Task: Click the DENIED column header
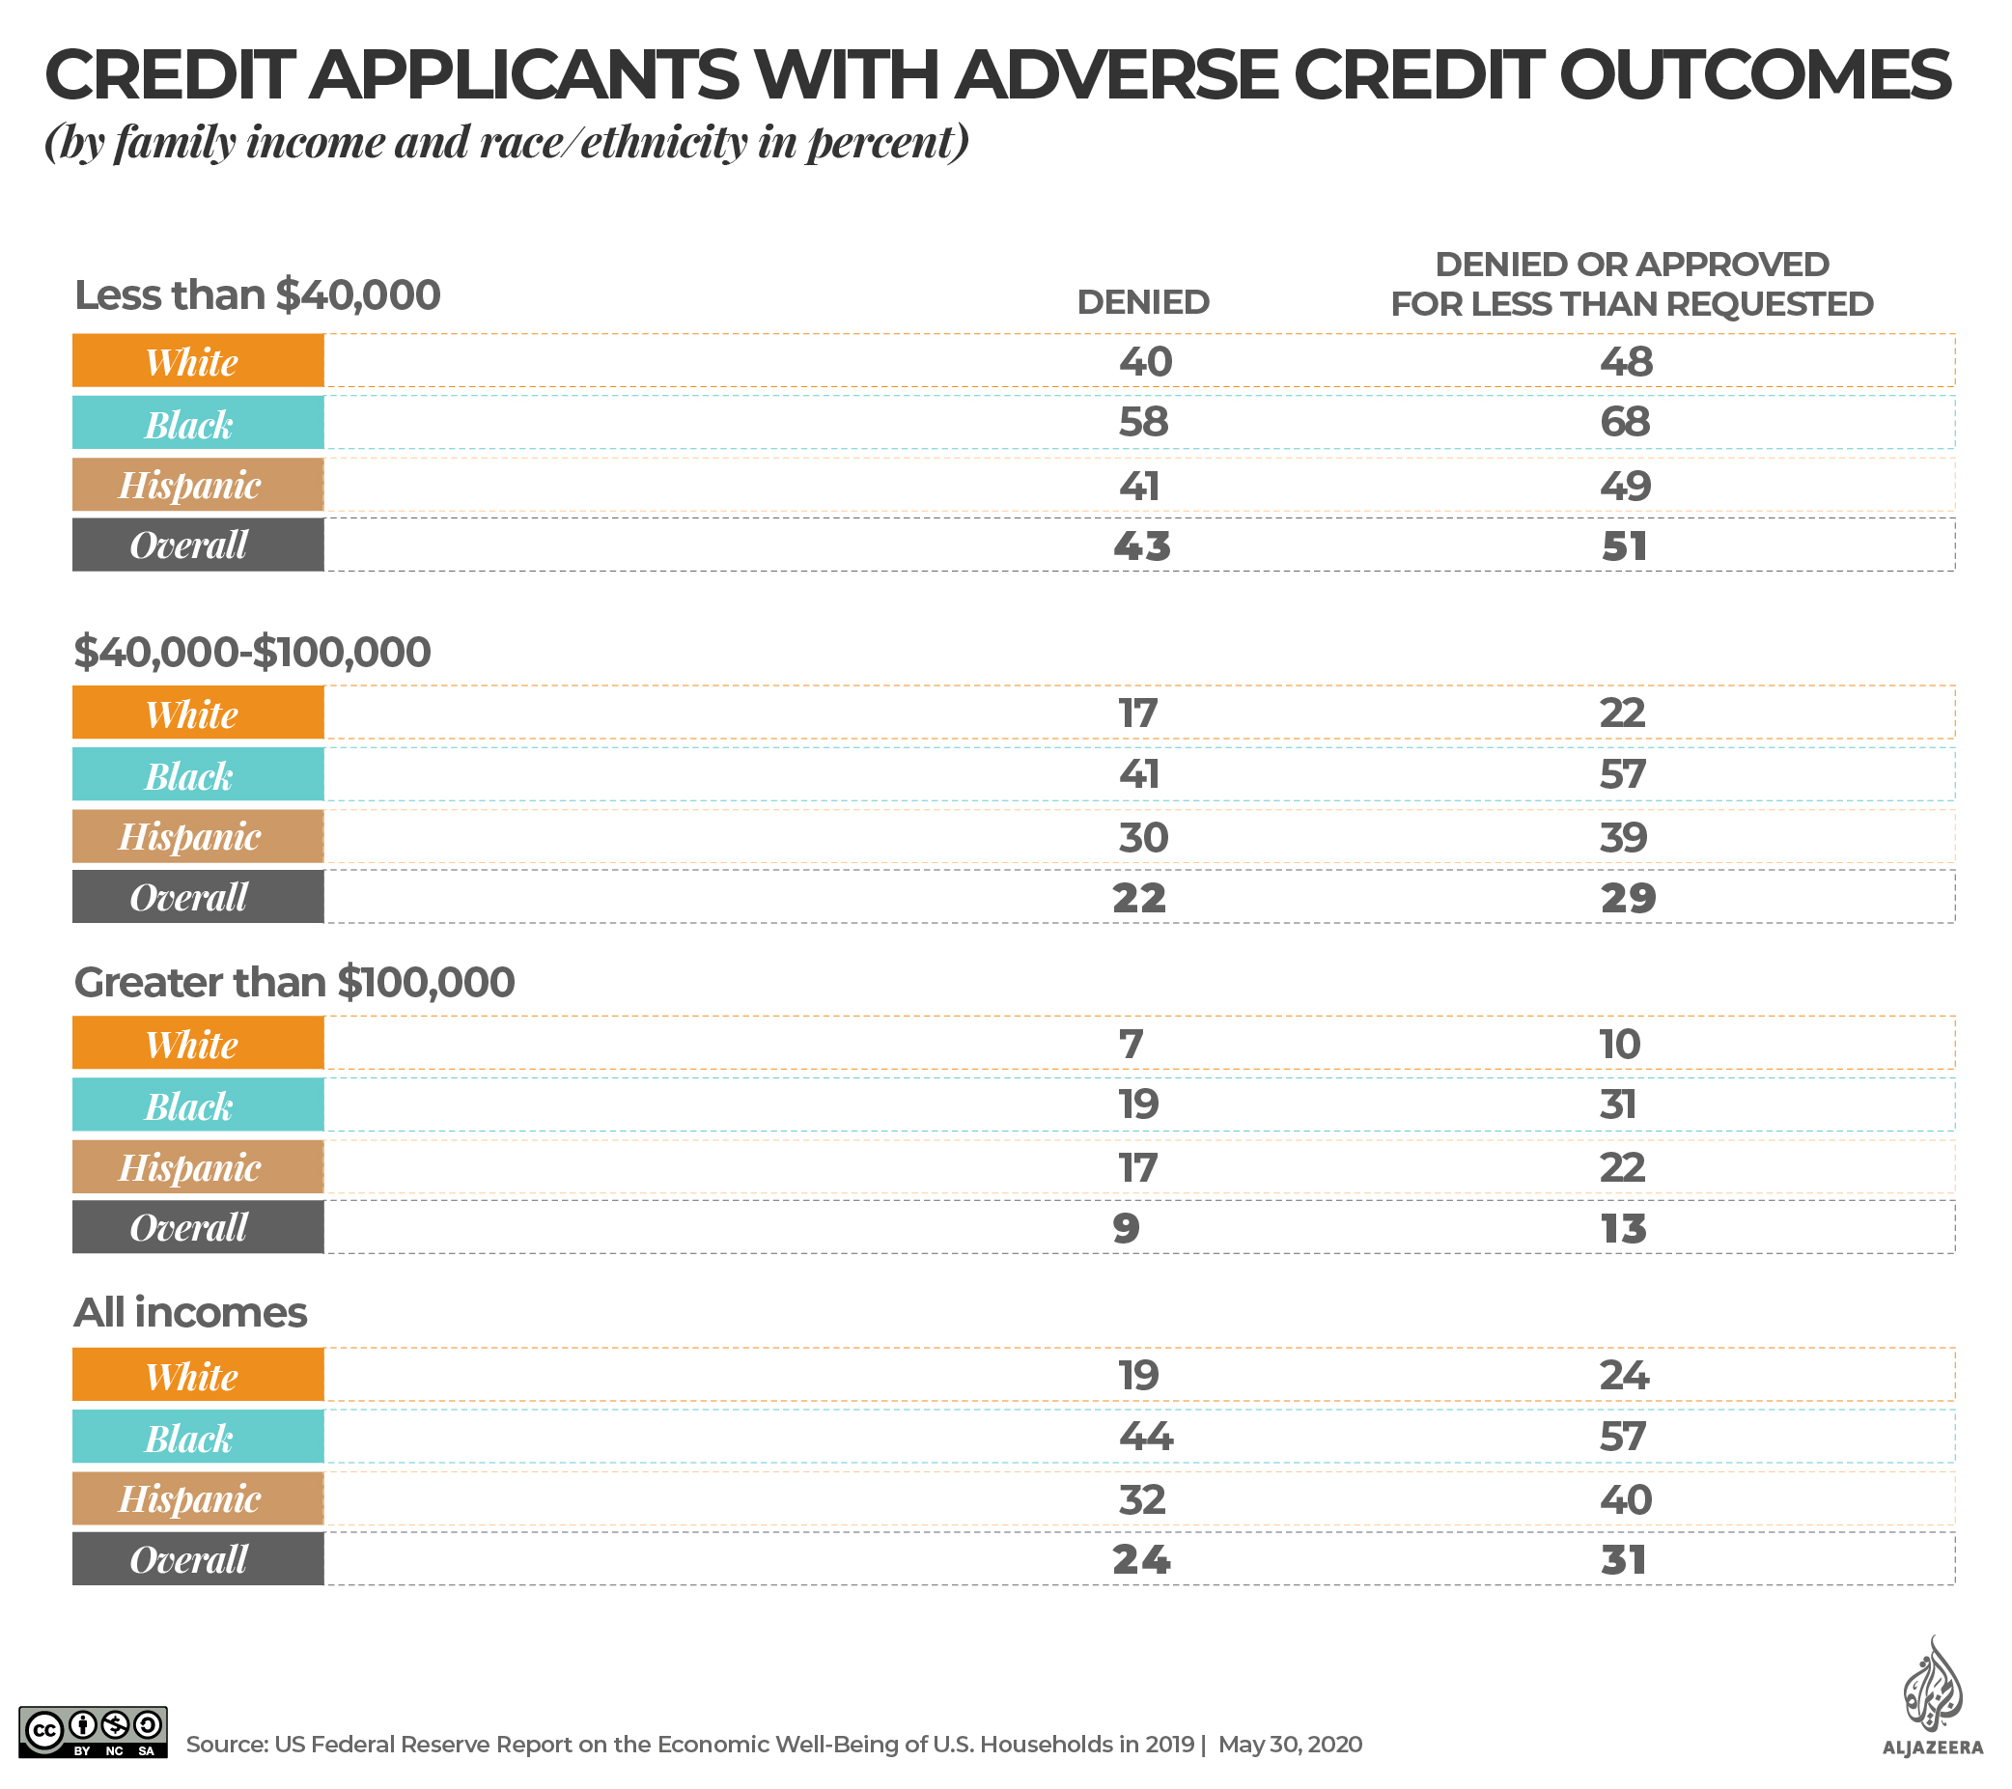1143,302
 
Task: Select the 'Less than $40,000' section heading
257,295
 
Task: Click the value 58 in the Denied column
1143,422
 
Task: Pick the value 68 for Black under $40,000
1624,422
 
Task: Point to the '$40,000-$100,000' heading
252,652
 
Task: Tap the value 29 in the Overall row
1627,897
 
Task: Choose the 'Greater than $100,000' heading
293,983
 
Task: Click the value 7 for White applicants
1131,1044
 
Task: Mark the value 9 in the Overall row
1126,1228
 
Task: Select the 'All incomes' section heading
190,1312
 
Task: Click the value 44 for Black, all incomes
1146,1437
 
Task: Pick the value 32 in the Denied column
1142,1499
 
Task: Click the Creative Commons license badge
94,1732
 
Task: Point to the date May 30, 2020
1290,1745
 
